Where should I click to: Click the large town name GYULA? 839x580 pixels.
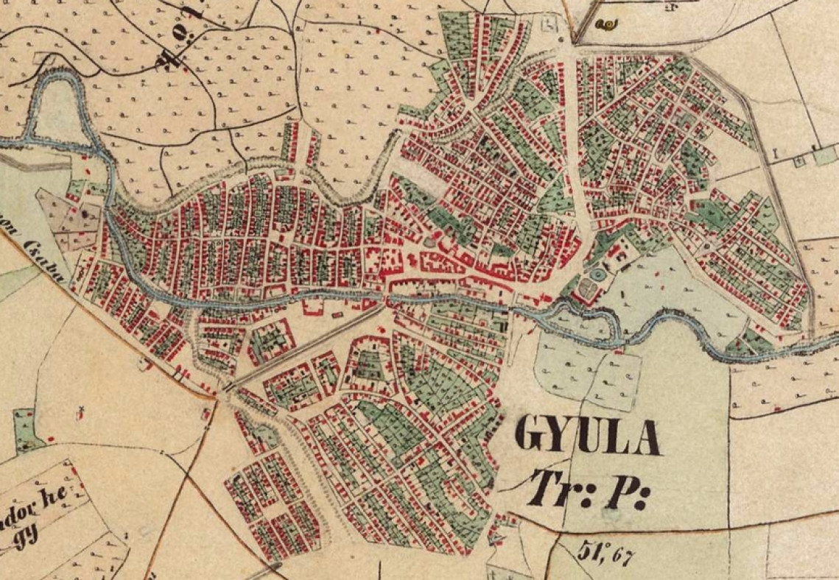click(587, 435)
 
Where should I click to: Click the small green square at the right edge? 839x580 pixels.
click(825, 156)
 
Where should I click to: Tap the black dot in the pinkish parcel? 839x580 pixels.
click(87, 213)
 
